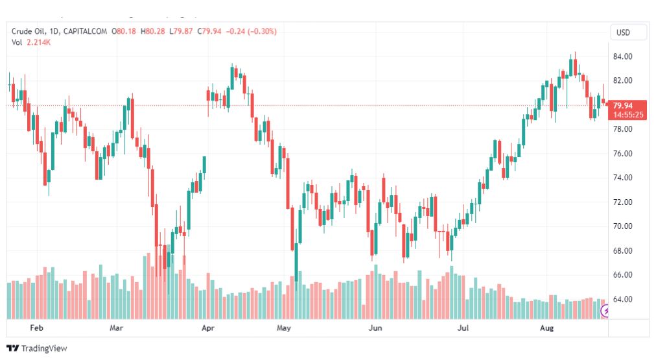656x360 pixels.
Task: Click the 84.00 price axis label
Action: [x=622, y=56]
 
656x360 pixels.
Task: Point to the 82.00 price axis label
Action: [x=622, y=80]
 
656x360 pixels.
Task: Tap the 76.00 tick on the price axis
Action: [x=622, y=154]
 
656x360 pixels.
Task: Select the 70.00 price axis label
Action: [x=622, y=226]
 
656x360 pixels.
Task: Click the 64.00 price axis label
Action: [x=622, y=299]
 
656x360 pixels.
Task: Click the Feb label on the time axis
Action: [x=36, y=328]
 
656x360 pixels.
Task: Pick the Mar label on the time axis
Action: [x=116, y=328]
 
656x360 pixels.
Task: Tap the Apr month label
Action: [x=208, y=328]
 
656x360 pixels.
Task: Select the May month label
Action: [x=284, y=328]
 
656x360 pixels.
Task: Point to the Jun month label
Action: [x=375, y=328]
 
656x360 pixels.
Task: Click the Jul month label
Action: [x=463, y=328]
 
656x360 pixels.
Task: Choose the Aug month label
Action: [x=546, y=328]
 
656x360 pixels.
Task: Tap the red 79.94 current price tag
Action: [x=627, y=110]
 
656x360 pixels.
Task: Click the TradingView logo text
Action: [x=44, y=348]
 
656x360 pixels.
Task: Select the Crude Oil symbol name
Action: [x=29, y=31]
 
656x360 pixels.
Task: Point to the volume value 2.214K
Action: [x=38, y=42]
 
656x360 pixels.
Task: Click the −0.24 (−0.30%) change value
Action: [x=251, y=31]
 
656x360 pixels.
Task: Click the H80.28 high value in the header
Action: [x=153, y=31]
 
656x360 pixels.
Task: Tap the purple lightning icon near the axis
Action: [x=605, y=311]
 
